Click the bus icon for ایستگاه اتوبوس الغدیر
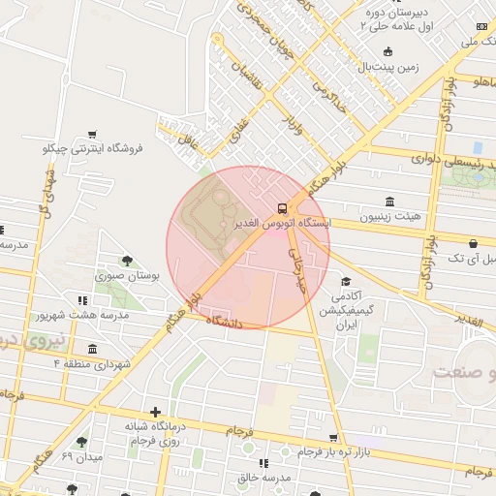[282, 207]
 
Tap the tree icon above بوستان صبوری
[127, 260]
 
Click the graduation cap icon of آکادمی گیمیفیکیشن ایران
[345, 281]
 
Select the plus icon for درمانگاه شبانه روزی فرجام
[155, 412]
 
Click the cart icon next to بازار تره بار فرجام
[333, 438]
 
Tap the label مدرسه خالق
[264, 478]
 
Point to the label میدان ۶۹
[81, 455]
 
